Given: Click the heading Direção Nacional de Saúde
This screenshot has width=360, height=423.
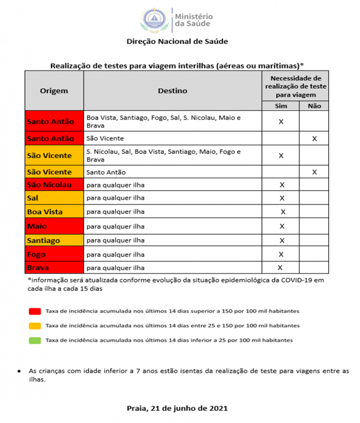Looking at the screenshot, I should (x=177, y=41).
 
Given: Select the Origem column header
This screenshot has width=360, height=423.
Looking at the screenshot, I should (x=54, y=91).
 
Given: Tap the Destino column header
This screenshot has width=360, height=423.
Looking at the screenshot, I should (x=172, y=91).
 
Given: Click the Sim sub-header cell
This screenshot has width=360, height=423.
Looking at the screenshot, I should (x=281, y=106).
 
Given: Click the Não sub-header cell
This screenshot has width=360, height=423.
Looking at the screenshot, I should (x=314, y=106).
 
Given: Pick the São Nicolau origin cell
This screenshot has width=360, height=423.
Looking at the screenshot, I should (x=54, y=185).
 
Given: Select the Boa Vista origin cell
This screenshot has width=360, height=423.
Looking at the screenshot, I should (x=54, y=212).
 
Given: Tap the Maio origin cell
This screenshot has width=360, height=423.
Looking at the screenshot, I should (x=54, y=227).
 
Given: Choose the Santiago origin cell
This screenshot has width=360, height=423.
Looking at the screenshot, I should (x=54, y=241).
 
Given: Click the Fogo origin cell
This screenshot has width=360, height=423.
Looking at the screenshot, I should (x=54, y=255).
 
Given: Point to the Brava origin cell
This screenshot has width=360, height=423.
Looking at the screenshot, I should (x=54, y=268).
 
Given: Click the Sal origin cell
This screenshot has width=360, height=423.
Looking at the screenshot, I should (x=54, y=198).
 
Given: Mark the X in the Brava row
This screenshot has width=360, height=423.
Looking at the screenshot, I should (x=280, y=268).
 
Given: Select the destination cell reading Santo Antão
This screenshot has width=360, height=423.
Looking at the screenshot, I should (x=172, y=172).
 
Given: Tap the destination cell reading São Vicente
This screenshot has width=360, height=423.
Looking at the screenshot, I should (x=172, y=138).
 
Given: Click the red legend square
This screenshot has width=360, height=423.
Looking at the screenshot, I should (x=34, y=311).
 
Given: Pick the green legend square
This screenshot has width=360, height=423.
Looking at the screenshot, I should (x=34, y=340).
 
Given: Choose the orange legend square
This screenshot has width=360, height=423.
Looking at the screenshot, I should (x=34, y=325).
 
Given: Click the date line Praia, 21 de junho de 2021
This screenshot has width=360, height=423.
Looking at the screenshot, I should (x=177, y=408).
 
